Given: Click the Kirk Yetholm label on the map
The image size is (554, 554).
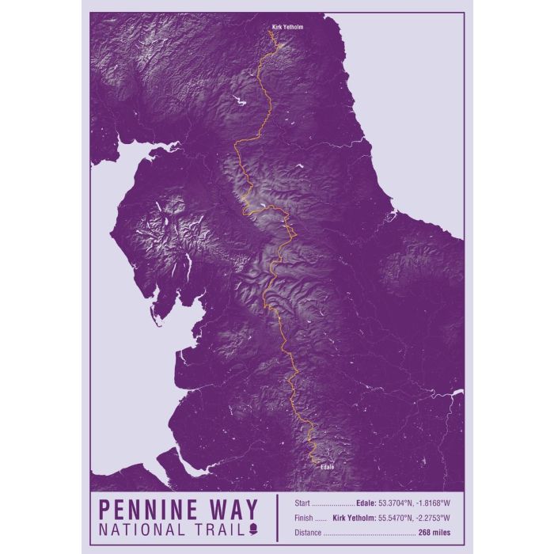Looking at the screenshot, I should click(x=287, y=27).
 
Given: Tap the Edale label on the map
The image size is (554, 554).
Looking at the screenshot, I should click(x=328, y=467).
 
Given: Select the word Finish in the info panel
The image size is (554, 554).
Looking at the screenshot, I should click(x=304, y=518).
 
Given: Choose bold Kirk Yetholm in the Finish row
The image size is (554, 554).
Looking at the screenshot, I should click(x=355, y=518).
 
